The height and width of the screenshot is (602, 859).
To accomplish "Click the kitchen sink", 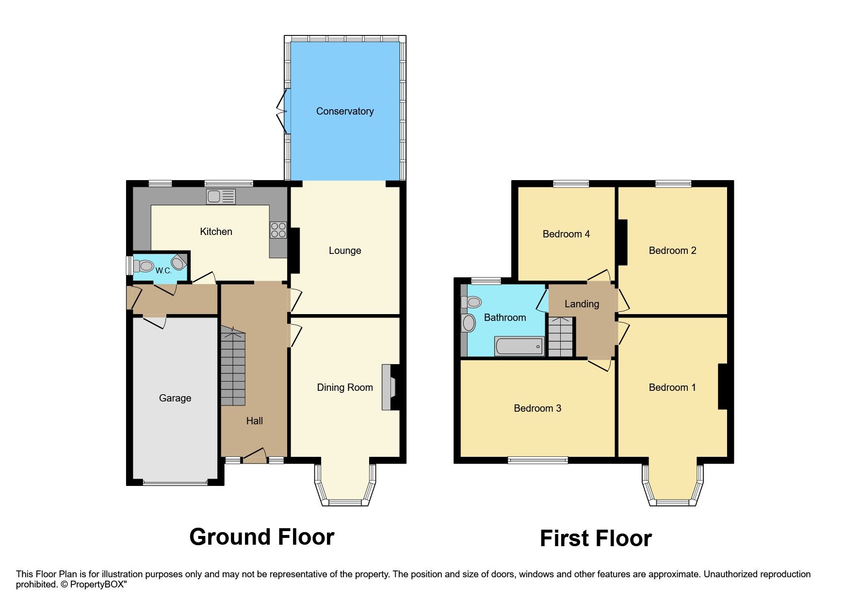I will tap(221, 196).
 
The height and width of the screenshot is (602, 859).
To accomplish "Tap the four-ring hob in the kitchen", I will tap(278, 230).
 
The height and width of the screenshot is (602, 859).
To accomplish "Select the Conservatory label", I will tap(345, 111).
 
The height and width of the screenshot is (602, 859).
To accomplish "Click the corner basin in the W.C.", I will tap(178, 263).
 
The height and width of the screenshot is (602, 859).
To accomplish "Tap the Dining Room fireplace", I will tap(389, 387).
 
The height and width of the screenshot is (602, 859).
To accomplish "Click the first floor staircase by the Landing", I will tap(561, 337).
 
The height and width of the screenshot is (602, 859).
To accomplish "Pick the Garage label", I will tap(175, 398).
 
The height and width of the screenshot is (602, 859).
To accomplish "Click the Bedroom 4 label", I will tap(566, 234).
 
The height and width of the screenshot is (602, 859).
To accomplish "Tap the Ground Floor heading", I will tap(261, 537).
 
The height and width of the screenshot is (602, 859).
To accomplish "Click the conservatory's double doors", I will tap(282, 111).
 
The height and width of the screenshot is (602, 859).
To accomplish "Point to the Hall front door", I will tap(255, 457).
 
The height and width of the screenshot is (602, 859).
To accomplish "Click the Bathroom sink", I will tap(469, 323).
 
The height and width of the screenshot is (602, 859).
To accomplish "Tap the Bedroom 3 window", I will tap(537, 460).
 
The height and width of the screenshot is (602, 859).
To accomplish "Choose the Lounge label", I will tap(345, 251).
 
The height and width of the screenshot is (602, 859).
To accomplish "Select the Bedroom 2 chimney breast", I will tap(622, 242).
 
